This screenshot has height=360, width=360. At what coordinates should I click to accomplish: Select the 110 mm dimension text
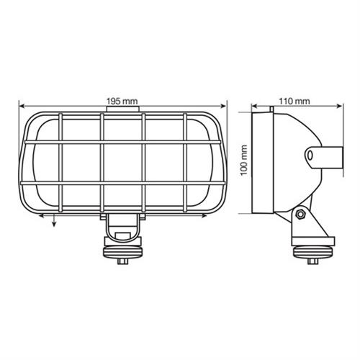[x=296, y=101]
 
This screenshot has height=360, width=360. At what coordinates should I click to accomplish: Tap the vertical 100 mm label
[x=244, y=163]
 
